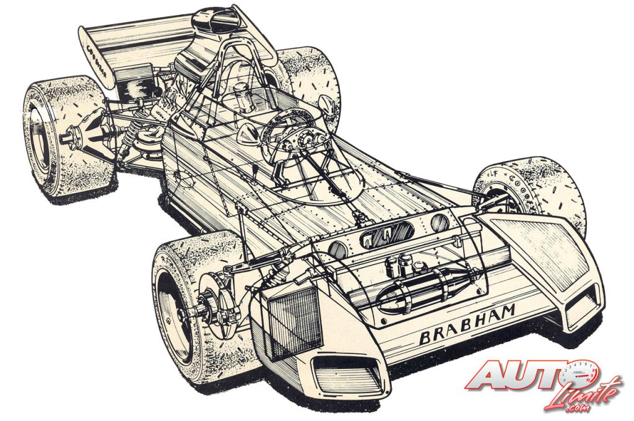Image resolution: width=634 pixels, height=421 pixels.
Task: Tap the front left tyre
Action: coord(186,303)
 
